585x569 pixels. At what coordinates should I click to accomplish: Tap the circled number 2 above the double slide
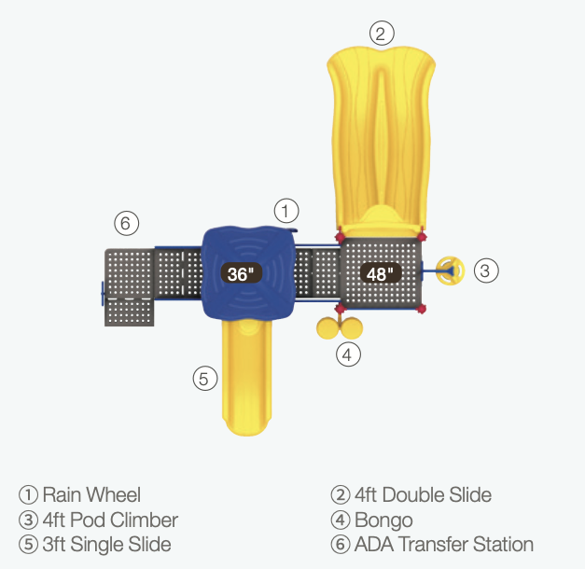pos(380,34)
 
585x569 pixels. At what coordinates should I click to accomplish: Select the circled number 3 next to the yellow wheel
pos(486,271)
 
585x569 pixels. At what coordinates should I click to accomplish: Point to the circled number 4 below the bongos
pos(348,354)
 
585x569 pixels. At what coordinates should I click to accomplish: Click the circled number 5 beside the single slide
pos(206,378)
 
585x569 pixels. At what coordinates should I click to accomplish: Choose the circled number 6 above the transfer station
pos(127,224)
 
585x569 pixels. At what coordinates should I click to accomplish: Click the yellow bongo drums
pos(341,327)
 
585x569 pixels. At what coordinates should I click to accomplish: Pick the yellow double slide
pos(380,131)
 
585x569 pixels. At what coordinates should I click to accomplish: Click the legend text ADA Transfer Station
pos(444,544)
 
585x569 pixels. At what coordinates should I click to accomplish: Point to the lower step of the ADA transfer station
pos(130,312)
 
